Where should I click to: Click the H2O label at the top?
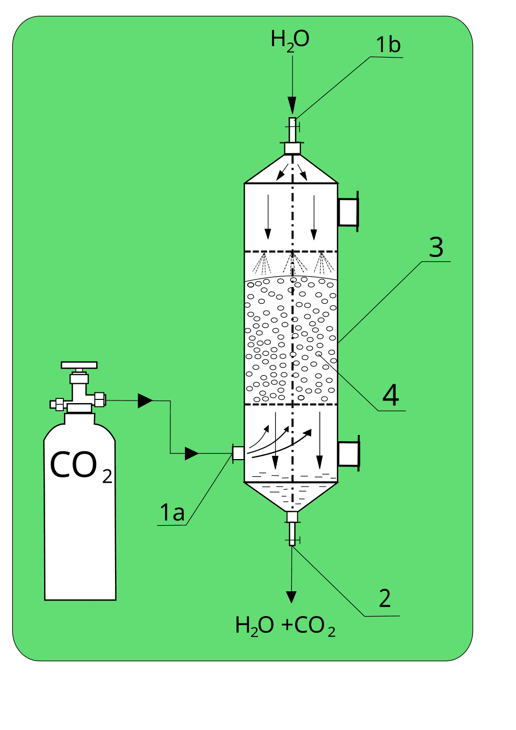[290, 40]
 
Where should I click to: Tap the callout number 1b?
[388, 45]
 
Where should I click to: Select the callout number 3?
[436, 247]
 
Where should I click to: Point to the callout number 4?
[391, 396]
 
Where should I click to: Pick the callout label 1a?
[172, 513]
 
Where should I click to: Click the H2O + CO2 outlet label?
[285, 626]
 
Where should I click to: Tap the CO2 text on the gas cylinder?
[81, 466]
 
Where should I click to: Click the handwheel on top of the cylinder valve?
[79, 366]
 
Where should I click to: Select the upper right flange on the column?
[348, 212]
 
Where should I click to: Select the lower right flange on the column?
[349, 454]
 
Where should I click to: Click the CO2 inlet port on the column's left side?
[238, 453]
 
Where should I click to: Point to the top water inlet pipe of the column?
[292, 130]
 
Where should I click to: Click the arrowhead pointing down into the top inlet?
[292, 104]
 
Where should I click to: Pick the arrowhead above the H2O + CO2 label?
[291, 597]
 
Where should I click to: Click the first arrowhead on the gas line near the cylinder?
[145, 400]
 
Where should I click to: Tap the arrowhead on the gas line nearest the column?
[191, 454]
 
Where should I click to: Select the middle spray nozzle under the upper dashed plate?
[292, 263]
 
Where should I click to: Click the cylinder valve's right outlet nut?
[99, 399]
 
